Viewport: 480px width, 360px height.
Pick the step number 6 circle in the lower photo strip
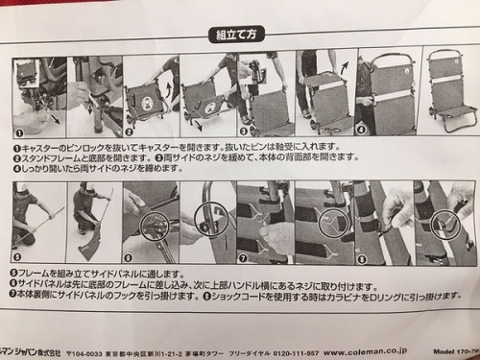tap(129, 257)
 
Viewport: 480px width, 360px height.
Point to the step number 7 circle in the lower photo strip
tap(241, 257)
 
